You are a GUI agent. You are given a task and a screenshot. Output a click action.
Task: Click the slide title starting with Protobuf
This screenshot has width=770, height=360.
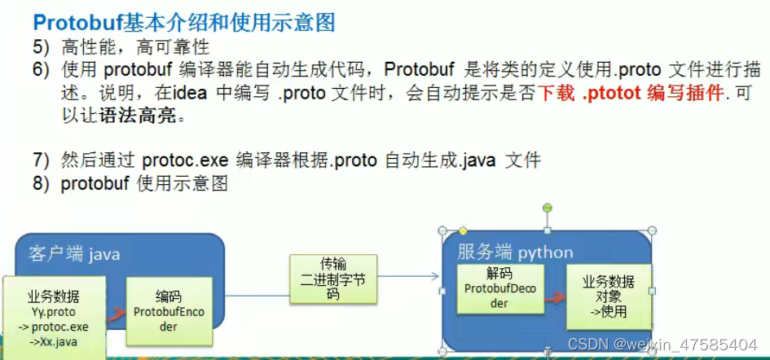tap(183, 22)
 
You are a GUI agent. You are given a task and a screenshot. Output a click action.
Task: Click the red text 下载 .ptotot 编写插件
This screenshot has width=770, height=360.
tap(631, 93)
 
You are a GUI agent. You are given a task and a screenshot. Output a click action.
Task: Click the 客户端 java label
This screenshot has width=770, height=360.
tap(74, 254)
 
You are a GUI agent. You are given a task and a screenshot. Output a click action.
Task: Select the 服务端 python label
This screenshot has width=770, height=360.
tap(515, 252)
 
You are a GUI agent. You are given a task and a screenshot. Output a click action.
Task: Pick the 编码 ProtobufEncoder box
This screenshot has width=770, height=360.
tap(168, 310)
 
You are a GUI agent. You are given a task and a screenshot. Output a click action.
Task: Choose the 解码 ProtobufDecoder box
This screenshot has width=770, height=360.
tap(499, 288)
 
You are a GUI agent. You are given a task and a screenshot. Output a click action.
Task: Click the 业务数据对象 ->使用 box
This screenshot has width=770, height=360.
tap(608, 296)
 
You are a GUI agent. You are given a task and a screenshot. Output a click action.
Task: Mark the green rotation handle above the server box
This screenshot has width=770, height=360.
tap(548, 208)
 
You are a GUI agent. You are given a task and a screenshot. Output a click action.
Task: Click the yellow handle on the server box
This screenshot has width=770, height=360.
tap(463, 230)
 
